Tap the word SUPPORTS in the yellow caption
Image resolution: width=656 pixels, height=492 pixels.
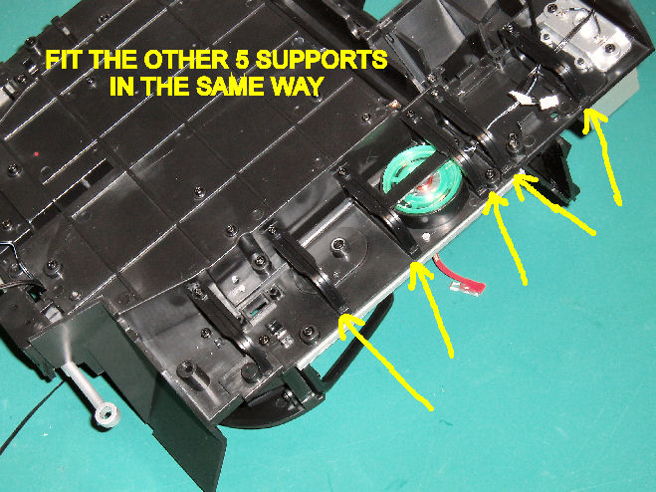(x=321, y=61)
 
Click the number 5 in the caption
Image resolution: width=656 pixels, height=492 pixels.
(x=239, y=61)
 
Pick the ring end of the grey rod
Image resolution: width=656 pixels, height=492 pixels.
(x=108, y=414)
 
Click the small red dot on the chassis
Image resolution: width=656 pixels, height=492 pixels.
(x=37, y=154)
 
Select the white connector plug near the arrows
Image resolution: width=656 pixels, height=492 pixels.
(x=548, y=103)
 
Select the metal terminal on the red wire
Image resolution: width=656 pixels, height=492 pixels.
(x=462, y=290)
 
